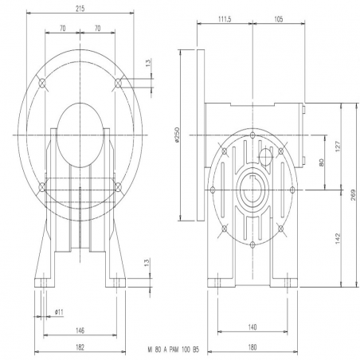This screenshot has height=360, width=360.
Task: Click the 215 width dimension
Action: [x=80, y=9]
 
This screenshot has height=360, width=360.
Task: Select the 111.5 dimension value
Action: [x=225, y=19]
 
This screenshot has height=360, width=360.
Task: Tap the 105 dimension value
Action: [x=278, y=19]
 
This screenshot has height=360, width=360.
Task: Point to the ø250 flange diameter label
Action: [x=178, y=135]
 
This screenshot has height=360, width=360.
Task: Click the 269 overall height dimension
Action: [x=353, y=195]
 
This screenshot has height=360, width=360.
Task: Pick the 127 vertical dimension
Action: [x=338, y=147]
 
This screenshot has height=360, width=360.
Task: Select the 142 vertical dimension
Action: [x=338, y=238]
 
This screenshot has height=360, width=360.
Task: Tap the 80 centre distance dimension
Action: [x=321, y=162]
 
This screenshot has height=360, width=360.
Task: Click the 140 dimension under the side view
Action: [x=252, y=327]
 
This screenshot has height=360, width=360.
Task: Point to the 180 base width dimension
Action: [x=252, y=347]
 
